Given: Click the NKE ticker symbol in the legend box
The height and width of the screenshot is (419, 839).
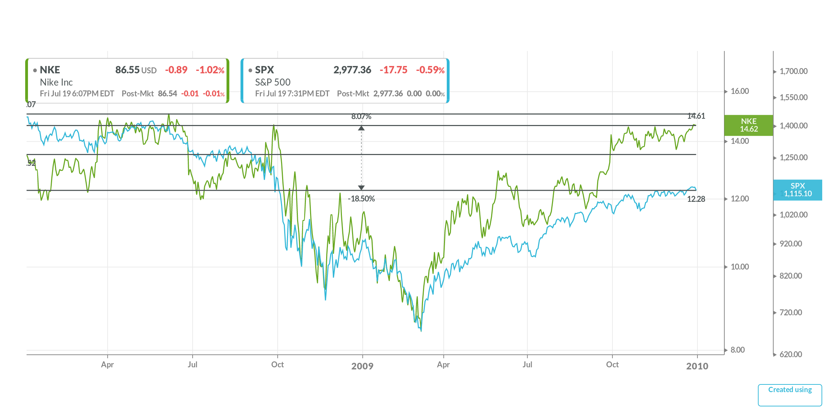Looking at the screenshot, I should coord(50,70).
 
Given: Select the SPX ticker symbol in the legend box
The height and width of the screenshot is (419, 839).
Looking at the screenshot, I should coord(264,70).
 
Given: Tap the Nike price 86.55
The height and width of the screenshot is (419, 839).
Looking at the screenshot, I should coord(127,70).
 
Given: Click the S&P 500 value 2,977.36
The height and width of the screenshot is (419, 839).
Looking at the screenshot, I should coord(352,70).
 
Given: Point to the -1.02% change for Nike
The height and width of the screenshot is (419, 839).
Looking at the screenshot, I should coord(210,70).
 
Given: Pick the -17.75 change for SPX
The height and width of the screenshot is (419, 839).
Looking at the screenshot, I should coord(393,70).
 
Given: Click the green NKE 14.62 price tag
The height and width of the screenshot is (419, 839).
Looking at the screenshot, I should coord(748,125).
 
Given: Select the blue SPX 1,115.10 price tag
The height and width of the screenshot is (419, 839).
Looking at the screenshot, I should coord(797,190).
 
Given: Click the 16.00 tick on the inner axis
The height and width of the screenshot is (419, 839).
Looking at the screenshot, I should coord(740,91).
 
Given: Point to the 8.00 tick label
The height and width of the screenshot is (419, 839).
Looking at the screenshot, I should coord(738,350).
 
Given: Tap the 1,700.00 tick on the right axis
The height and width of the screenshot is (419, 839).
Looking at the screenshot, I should coord(794,71).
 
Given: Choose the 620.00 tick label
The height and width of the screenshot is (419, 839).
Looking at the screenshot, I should coord(791,354).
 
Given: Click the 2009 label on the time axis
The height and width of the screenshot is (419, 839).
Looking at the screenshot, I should coord(362,366).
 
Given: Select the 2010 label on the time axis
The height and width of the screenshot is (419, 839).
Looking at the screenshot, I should coord(697,366).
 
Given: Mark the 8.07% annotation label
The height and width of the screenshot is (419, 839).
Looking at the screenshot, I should coord(361,117).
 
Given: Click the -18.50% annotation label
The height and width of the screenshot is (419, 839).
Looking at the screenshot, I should coord(361,199).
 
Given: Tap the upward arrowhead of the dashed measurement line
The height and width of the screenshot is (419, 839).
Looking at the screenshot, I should coord(361,128).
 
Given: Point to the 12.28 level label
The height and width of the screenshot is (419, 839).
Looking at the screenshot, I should coord(696,199).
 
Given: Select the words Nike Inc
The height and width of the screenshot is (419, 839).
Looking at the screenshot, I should coord(56,82).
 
